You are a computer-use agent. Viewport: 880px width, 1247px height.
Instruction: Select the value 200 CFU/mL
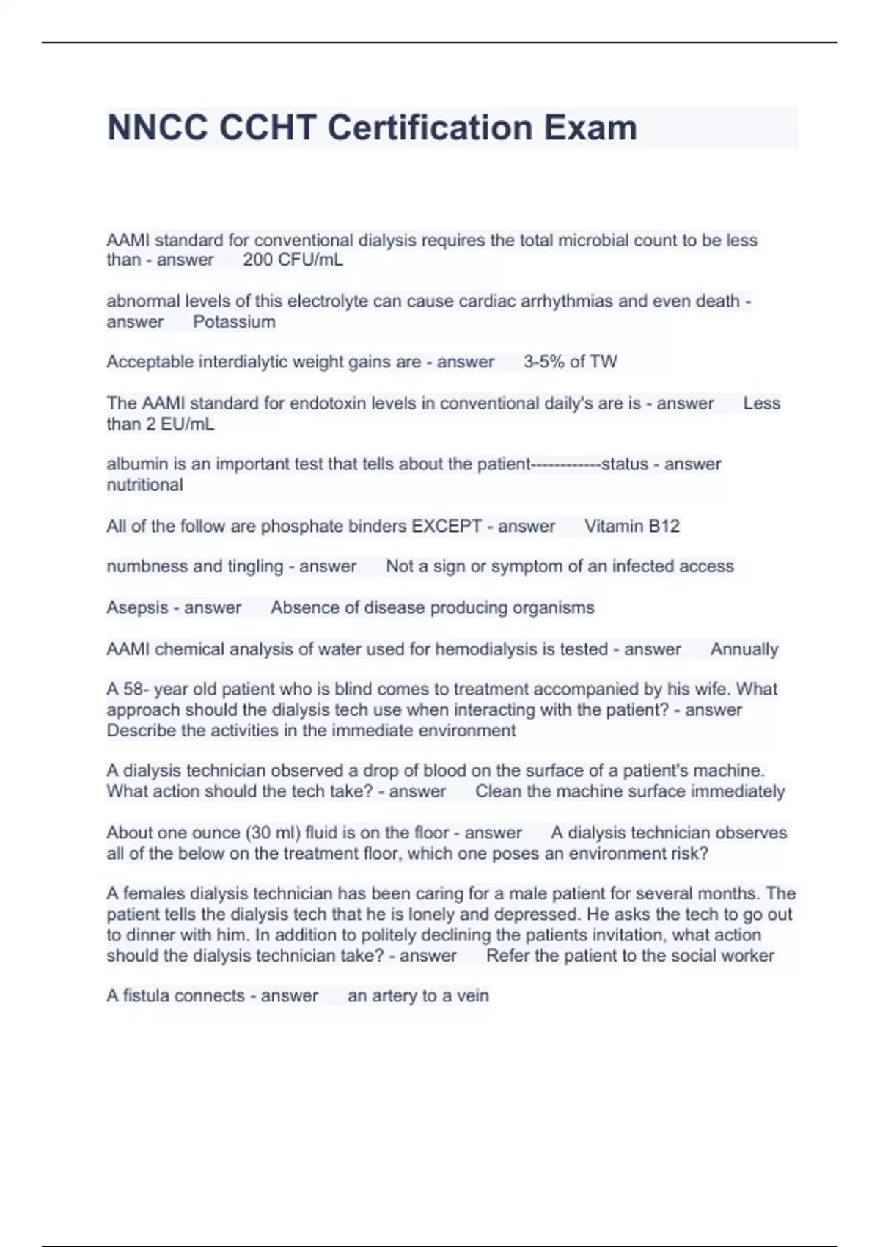pyautogui.click(x=293, y=260)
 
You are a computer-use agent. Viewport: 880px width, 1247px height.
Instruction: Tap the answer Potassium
pyautogui.click(x=234, y=321)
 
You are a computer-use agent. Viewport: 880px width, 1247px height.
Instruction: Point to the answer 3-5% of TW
pyautogui.click(x=570, y=362)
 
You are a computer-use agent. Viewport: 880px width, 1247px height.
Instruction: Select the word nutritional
pyautogui.click(x=144, y=485)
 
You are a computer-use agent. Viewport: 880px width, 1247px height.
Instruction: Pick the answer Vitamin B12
pyautogui.click(x=631, y=526)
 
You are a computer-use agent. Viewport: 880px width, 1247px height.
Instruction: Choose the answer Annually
pyautogui.click(x=744, y=649)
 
